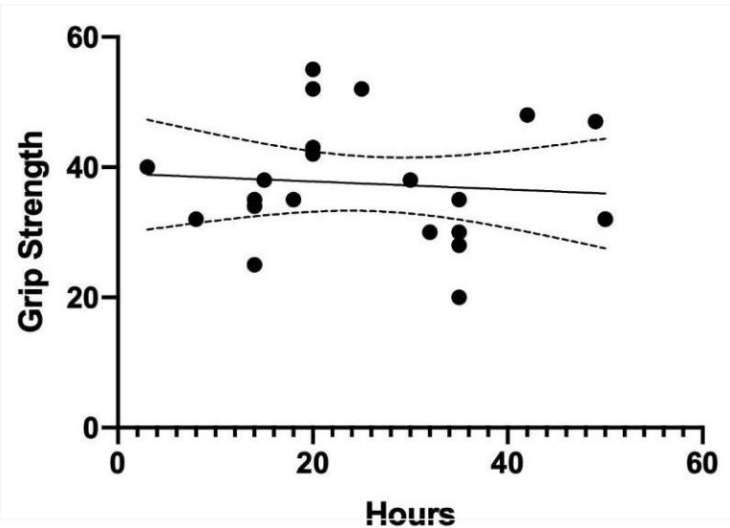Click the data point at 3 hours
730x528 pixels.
(146, 167)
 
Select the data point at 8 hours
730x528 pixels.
(196, 219)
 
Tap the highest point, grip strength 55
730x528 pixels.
(312, 70)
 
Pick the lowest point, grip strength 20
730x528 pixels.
(459, 297)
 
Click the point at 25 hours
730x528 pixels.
(361, 89)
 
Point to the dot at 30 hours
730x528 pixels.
(410, 180)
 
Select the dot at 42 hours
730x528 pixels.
(527, 115)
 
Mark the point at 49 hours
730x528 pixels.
(595, 121)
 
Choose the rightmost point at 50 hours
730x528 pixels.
(605, 219)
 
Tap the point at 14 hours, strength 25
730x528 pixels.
(254, 264)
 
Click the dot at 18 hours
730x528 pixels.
(293, 200)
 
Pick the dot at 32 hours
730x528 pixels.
(430, 232)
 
